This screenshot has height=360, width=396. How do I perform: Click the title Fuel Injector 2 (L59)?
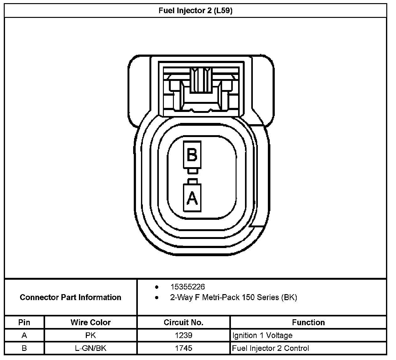(195, 11)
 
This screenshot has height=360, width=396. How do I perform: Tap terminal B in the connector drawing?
(192, 155)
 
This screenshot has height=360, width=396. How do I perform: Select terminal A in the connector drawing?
(192, 198)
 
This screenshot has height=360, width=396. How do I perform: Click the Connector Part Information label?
(70, 297)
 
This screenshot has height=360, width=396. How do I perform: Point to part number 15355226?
(187, 287)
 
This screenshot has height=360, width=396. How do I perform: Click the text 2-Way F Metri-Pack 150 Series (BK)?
(233, 297)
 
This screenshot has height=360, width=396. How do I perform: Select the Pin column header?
(24, 322)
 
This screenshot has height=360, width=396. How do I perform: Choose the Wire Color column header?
(91, 322)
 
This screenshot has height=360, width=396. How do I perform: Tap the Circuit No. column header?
(184, 322)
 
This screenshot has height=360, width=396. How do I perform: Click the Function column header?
(308, 322)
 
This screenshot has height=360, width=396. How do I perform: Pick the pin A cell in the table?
(24, 336)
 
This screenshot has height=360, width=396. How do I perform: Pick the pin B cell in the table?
(24, 348)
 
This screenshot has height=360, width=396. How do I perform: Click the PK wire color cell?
(91, 336)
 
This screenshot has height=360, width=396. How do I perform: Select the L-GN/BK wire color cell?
(91, 348)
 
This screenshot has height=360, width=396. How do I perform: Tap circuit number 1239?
(184, 336)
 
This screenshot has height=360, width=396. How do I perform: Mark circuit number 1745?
(184, 348)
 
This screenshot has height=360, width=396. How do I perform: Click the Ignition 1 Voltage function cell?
(262, 336)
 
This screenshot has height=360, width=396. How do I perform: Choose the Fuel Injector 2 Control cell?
(270, 348)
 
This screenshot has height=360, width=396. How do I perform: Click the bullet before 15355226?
(157, 287)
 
